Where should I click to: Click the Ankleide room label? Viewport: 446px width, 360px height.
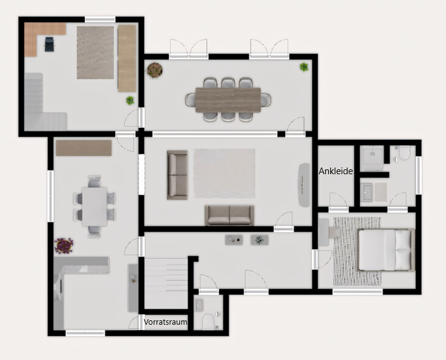point(336,172)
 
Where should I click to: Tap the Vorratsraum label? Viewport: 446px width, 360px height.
point(166,322)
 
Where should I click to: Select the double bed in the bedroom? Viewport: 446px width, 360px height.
point(385,249)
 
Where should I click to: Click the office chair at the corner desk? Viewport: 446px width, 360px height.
point(49,43)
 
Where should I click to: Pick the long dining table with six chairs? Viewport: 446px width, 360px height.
point(228,98)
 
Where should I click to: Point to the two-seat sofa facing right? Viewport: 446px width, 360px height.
point(177,175)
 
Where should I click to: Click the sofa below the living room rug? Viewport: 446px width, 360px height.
point(229,214)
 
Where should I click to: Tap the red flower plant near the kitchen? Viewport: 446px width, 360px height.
point(63,246)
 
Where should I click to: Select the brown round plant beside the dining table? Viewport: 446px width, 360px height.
point(155,71)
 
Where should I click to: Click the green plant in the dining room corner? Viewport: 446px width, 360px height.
point(303,67)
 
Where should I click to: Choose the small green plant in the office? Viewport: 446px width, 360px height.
point(130,100)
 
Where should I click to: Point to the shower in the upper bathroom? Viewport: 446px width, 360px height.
point(371,158)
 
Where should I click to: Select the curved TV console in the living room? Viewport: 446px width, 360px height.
point(303,185)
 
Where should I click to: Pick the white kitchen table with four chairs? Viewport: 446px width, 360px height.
point(94,205)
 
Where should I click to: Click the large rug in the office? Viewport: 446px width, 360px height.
point(95,52)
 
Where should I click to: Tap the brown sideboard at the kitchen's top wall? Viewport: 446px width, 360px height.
point(83,147)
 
